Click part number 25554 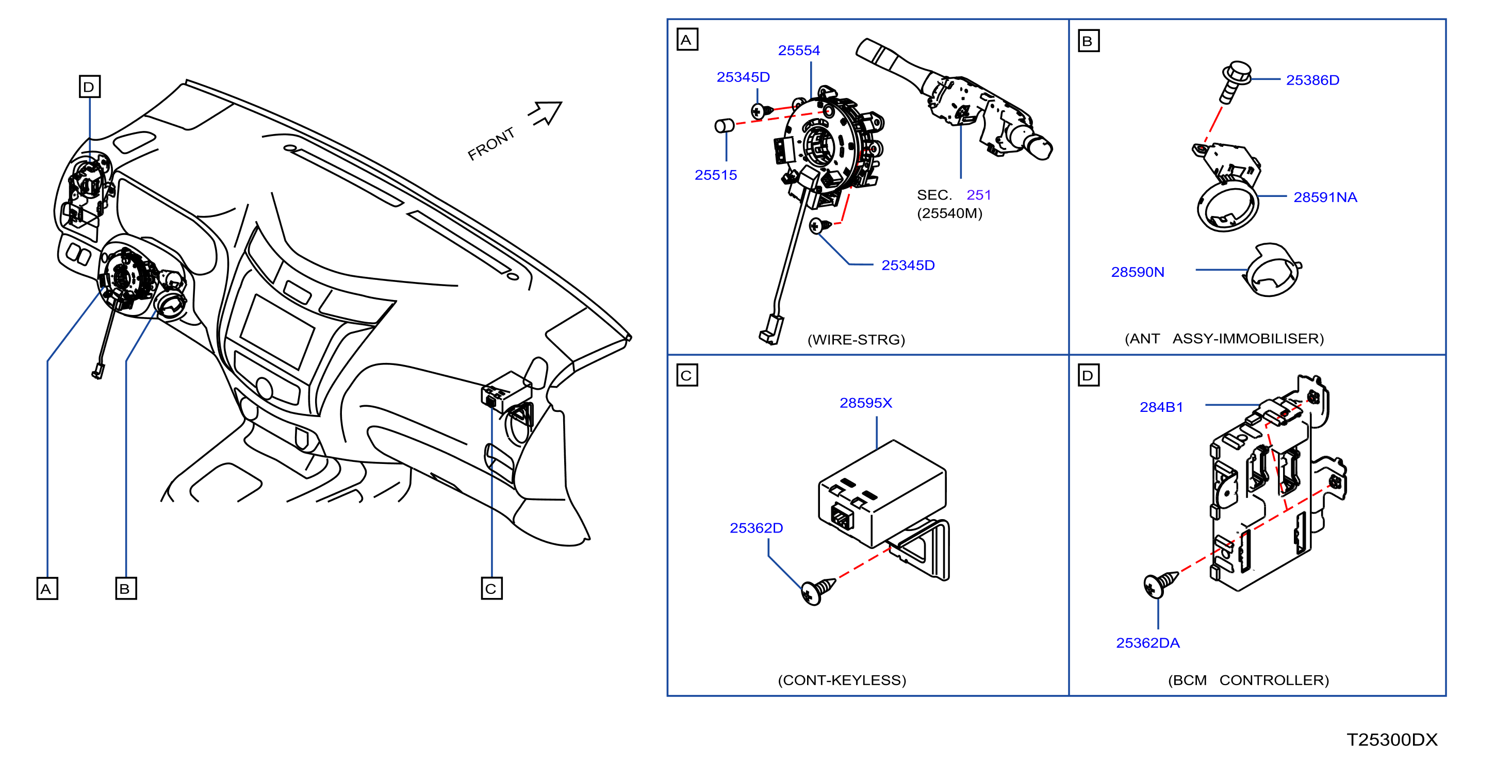[799, 51]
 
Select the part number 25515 [716, 175]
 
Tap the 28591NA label [1325, 197]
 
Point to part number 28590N [1138, 272]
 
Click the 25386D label [1312, 80]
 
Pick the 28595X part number [865, 403]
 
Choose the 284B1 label [1161, 407]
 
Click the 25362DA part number [1147, 643]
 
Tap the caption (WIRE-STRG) [856, 340]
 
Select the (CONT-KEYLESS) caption [842, 680]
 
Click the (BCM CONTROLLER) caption [1248, 680]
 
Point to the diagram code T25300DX [1392, 740]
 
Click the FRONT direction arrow [546, 112]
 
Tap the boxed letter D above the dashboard [89, 87]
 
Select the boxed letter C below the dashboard [491, 589]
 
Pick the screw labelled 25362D [818, 590]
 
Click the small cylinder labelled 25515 [724, 125]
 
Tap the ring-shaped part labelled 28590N [1272, 270]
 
